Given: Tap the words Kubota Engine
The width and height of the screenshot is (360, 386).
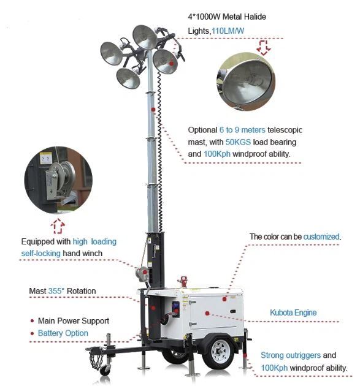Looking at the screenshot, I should pos(293,312).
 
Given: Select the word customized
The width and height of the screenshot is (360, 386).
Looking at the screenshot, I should pos(321,237).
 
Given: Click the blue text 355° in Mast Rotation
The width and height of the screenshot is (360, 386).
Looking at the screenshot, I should pos(58,291).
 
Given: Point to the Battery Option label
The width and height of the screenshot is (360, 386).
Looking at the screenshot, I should pos(63,333).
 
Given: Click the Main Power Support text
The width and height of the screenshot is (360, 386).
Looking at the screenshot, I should pos(73,320).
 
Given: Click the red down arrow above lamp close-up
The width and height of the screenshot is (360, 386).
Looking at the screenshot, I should pos(264,47).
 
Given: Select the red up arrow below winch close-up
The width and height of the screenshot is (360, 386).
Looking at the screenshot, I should pos(58,226).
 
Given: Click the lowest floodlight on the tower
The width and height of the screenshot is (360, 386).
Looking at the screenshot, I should pos(128,78).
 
